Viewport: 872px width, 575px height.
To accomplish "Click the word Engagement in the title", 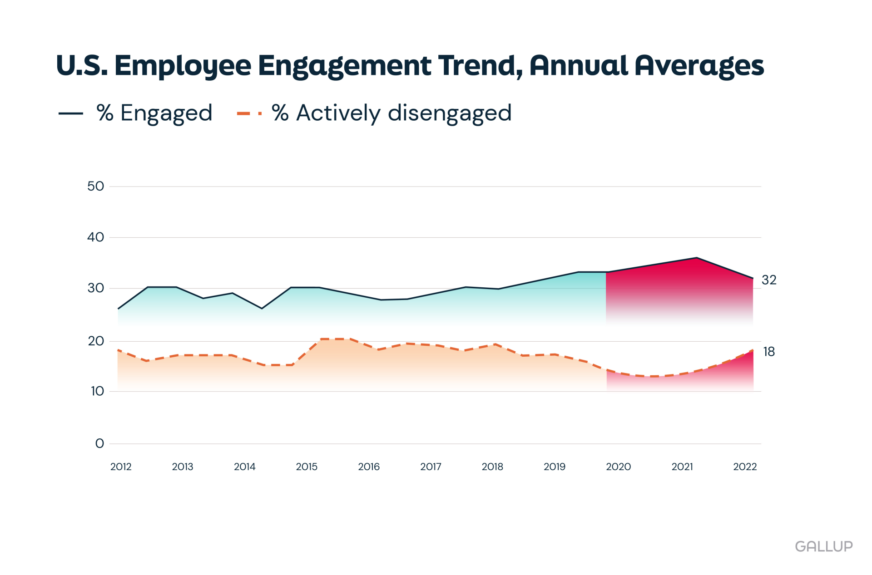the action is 345,66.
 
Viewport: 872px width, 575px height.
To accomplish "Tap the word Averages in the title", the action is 699,66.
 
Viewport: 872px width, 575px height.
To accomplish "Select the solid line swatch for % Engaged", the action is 71,113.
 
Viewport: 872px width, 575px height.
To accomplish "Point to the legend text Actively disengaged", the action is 404,113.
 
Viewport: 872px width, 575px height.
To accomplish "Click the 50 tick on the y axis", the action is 95,186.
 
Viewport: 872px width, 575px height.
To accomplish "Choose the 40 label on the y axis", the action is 95,237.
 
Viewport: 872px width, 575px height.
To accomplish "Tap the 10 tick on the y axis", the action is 97,391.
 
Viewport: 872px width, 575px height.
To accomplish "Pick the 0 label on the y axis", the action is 99,443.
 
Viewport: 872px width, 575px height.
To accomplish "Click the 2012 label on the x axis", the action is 121,467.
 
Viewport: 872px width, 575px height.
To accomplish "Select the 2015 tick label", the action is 307,467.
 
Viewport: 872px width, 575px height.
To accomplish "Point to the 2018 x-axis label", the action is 492,467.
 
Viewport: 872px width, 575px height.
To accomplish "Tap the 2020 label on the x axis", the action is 618,467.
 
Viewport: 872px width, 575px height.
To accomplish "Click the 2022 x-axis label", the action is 745,467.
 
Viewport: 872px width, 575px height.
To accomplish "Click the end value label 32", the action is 769,280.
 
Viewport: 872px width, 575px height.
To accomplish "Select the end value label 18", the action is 769,352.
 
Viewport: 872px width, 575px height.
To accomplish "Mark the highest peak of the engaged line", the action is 696,258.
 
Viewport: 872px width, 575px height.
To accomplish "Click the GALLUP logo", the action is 823,546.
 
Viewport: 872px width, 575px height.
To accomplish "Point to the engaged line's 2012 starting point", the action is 118,309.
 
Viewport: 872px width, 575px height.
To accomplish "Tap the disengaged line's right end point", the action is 753,350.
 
